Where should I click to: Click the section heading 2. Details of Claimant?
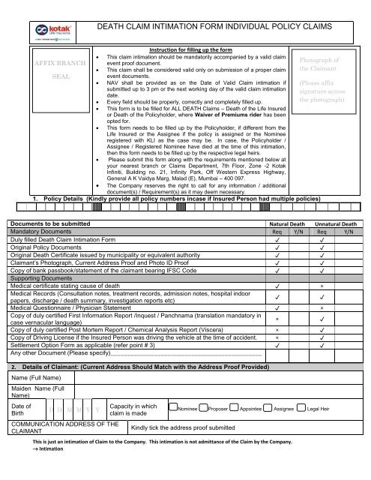coord(149,368)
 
